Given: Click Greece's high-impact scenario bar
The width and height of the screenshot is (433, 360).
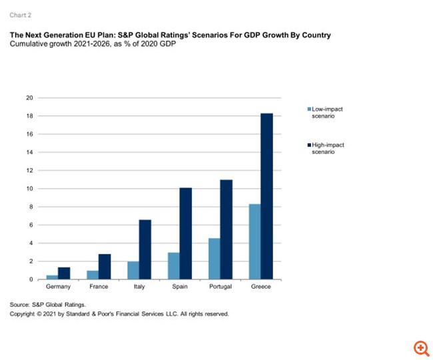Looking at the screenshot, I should click(266, 196).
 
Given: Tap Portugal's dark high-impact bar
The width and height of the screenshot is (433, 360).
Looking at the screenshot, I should click(227, 230).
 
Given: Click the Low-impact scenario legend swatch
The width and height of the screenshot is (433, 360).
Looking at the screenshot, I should click(308, 108).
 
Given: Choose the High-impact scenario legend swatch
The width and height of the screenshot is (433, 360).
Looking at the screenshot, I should click(308, 144).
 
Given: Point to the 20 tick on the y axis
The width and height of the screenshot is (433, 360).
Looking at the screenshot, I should click(29, 98).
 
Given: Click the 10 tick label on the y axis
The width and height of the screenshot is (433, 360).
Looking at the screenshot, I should click(29, 188).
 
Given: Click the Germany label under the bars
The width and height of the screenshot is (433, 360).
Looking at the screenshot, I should click(59, 287).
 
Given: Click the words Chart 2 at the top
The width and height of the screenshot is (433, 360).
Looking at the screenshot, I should click(20, 15).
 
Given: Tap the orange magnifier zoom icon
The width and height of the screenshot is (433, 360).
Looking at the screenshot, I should click(421, 347).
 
